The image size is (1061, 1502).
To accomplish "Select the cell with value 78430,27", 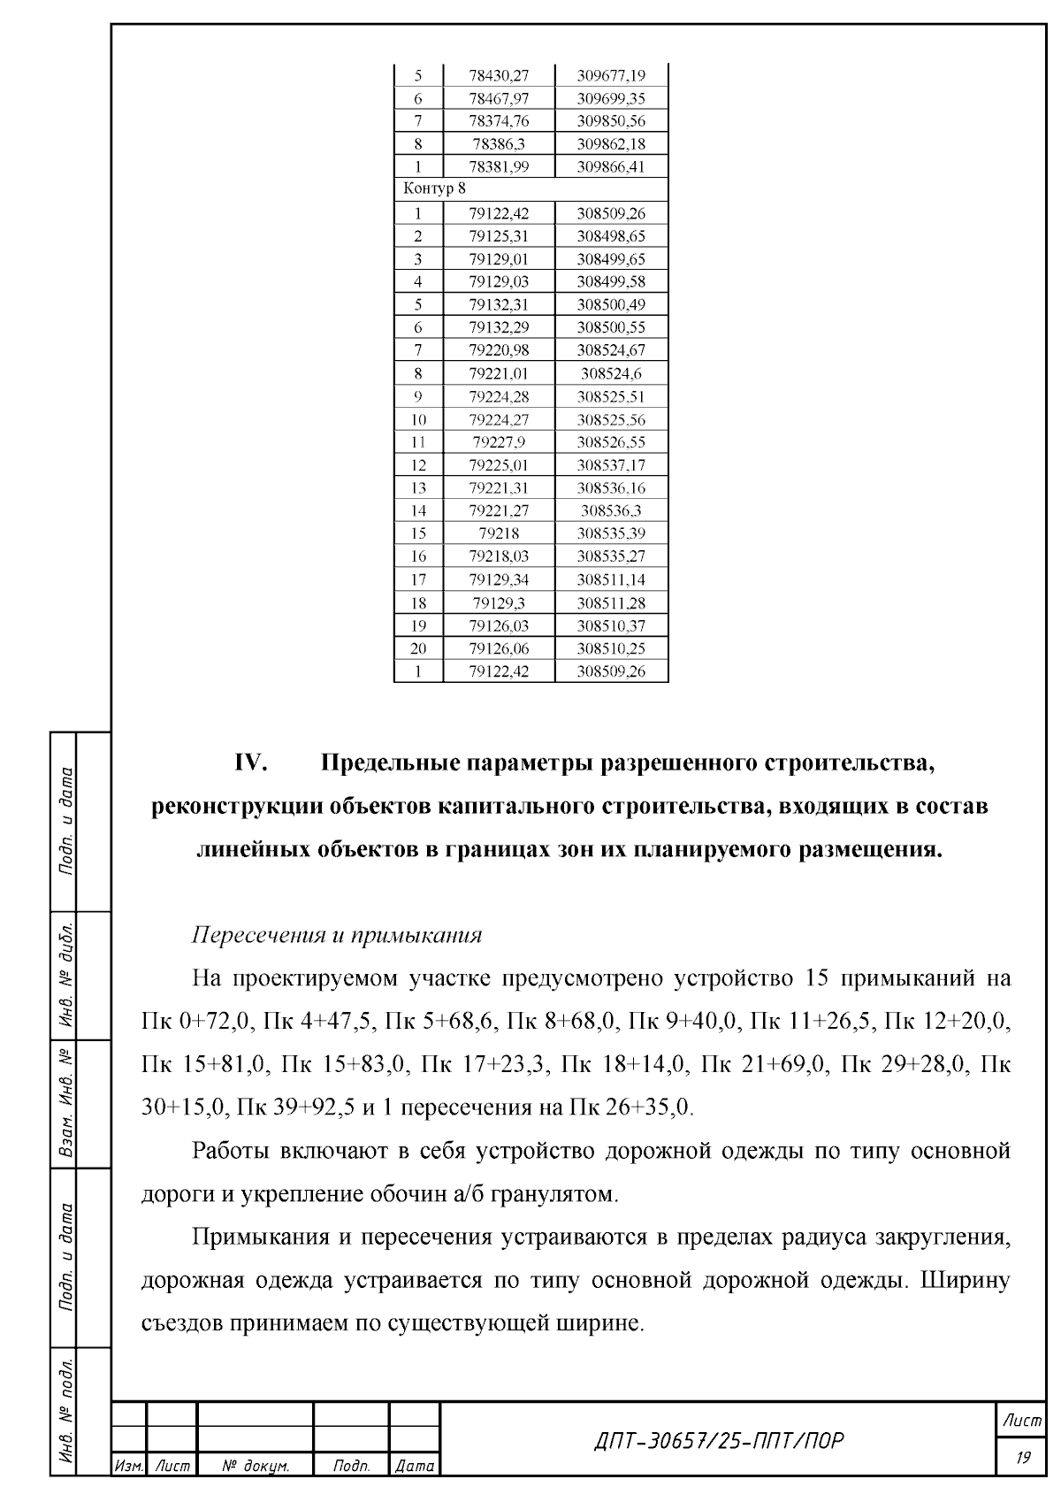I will point(499,75).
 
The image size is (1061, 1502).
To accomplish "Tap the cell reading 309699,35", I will point(611,98).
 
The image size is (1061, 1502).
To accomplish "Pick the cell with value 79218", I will point(499,533).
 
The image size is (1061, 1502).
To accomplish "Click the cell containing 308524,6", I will point(611,373).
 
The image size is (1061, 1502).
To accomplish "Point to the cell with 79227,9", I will point(499,442).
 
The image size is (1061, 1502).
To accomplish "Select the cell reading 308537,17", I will point(611,465).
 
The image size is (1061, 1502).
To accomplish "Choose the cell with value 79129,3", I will point(499,603).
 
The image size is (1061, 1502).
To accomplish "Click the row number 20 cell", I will point(418,648).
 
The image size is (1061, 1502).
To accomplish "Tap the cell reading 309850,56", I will point(611,121).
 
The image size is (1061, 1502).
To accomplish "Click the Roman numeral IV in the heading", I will point(252,762).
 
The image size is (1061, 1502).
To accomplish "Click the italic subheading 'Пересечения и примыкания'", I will point(337,935).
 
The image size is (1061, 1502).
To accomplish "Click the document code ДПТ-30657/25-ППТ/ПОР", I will point(717,1441).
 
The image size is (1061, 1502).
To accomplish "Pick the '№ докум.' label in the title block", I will point(256,1467).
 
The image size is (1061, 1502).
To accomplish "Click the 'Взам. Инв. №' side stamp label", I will point(65,1105).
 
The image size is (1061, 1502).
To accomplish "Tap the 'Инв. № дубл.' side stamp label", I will point(65,977).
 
